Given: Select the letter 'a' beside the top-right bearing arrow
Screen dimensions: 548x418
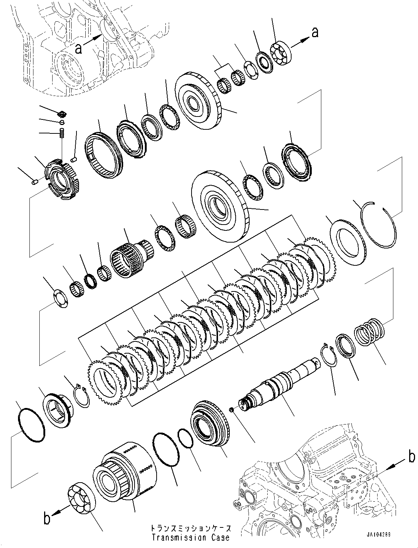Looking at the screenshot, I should pyautogui.click(x=315, y=33).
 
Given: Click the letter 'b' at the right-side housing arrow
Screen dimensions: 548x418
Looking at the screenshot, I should pyautogui.click(x=411, y=457).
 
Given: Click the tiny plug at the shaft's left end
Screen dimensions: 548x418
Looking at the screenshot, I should pyautogui.click(x=231, y=409).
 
